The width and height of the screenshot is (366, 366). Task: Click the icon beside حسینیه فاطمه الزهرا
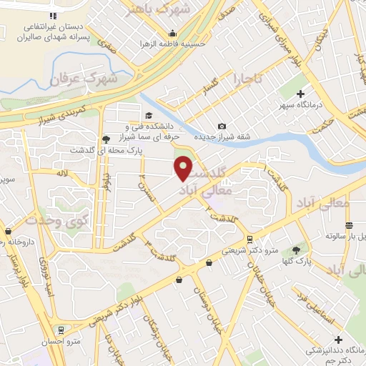[x=172, y=33]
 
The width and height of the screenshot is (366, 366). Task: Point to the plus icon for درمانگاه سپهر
[x=301, y=94]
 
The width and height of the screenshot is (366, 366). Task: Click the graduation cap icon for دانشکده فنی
[x=149, y=116]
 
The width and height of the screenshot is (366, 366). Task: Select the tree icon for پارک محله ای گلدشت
[x=107, y=139]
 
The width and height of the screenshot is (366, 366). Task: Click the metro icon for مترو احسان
[x=62, y=330]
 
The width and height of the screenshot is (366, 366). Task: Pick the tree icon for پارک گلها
[x=296, y=249]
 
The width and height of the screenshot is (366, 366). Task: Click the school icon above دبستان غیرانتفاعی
[x=52, y=16]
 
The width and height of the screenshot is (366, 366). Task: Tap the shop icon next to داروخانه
[x=9, y=232]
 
